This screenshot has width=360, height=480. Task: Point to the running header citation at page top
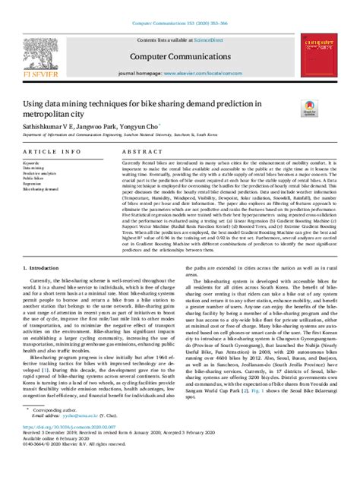pyautogui.click(x=180, y=6)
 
